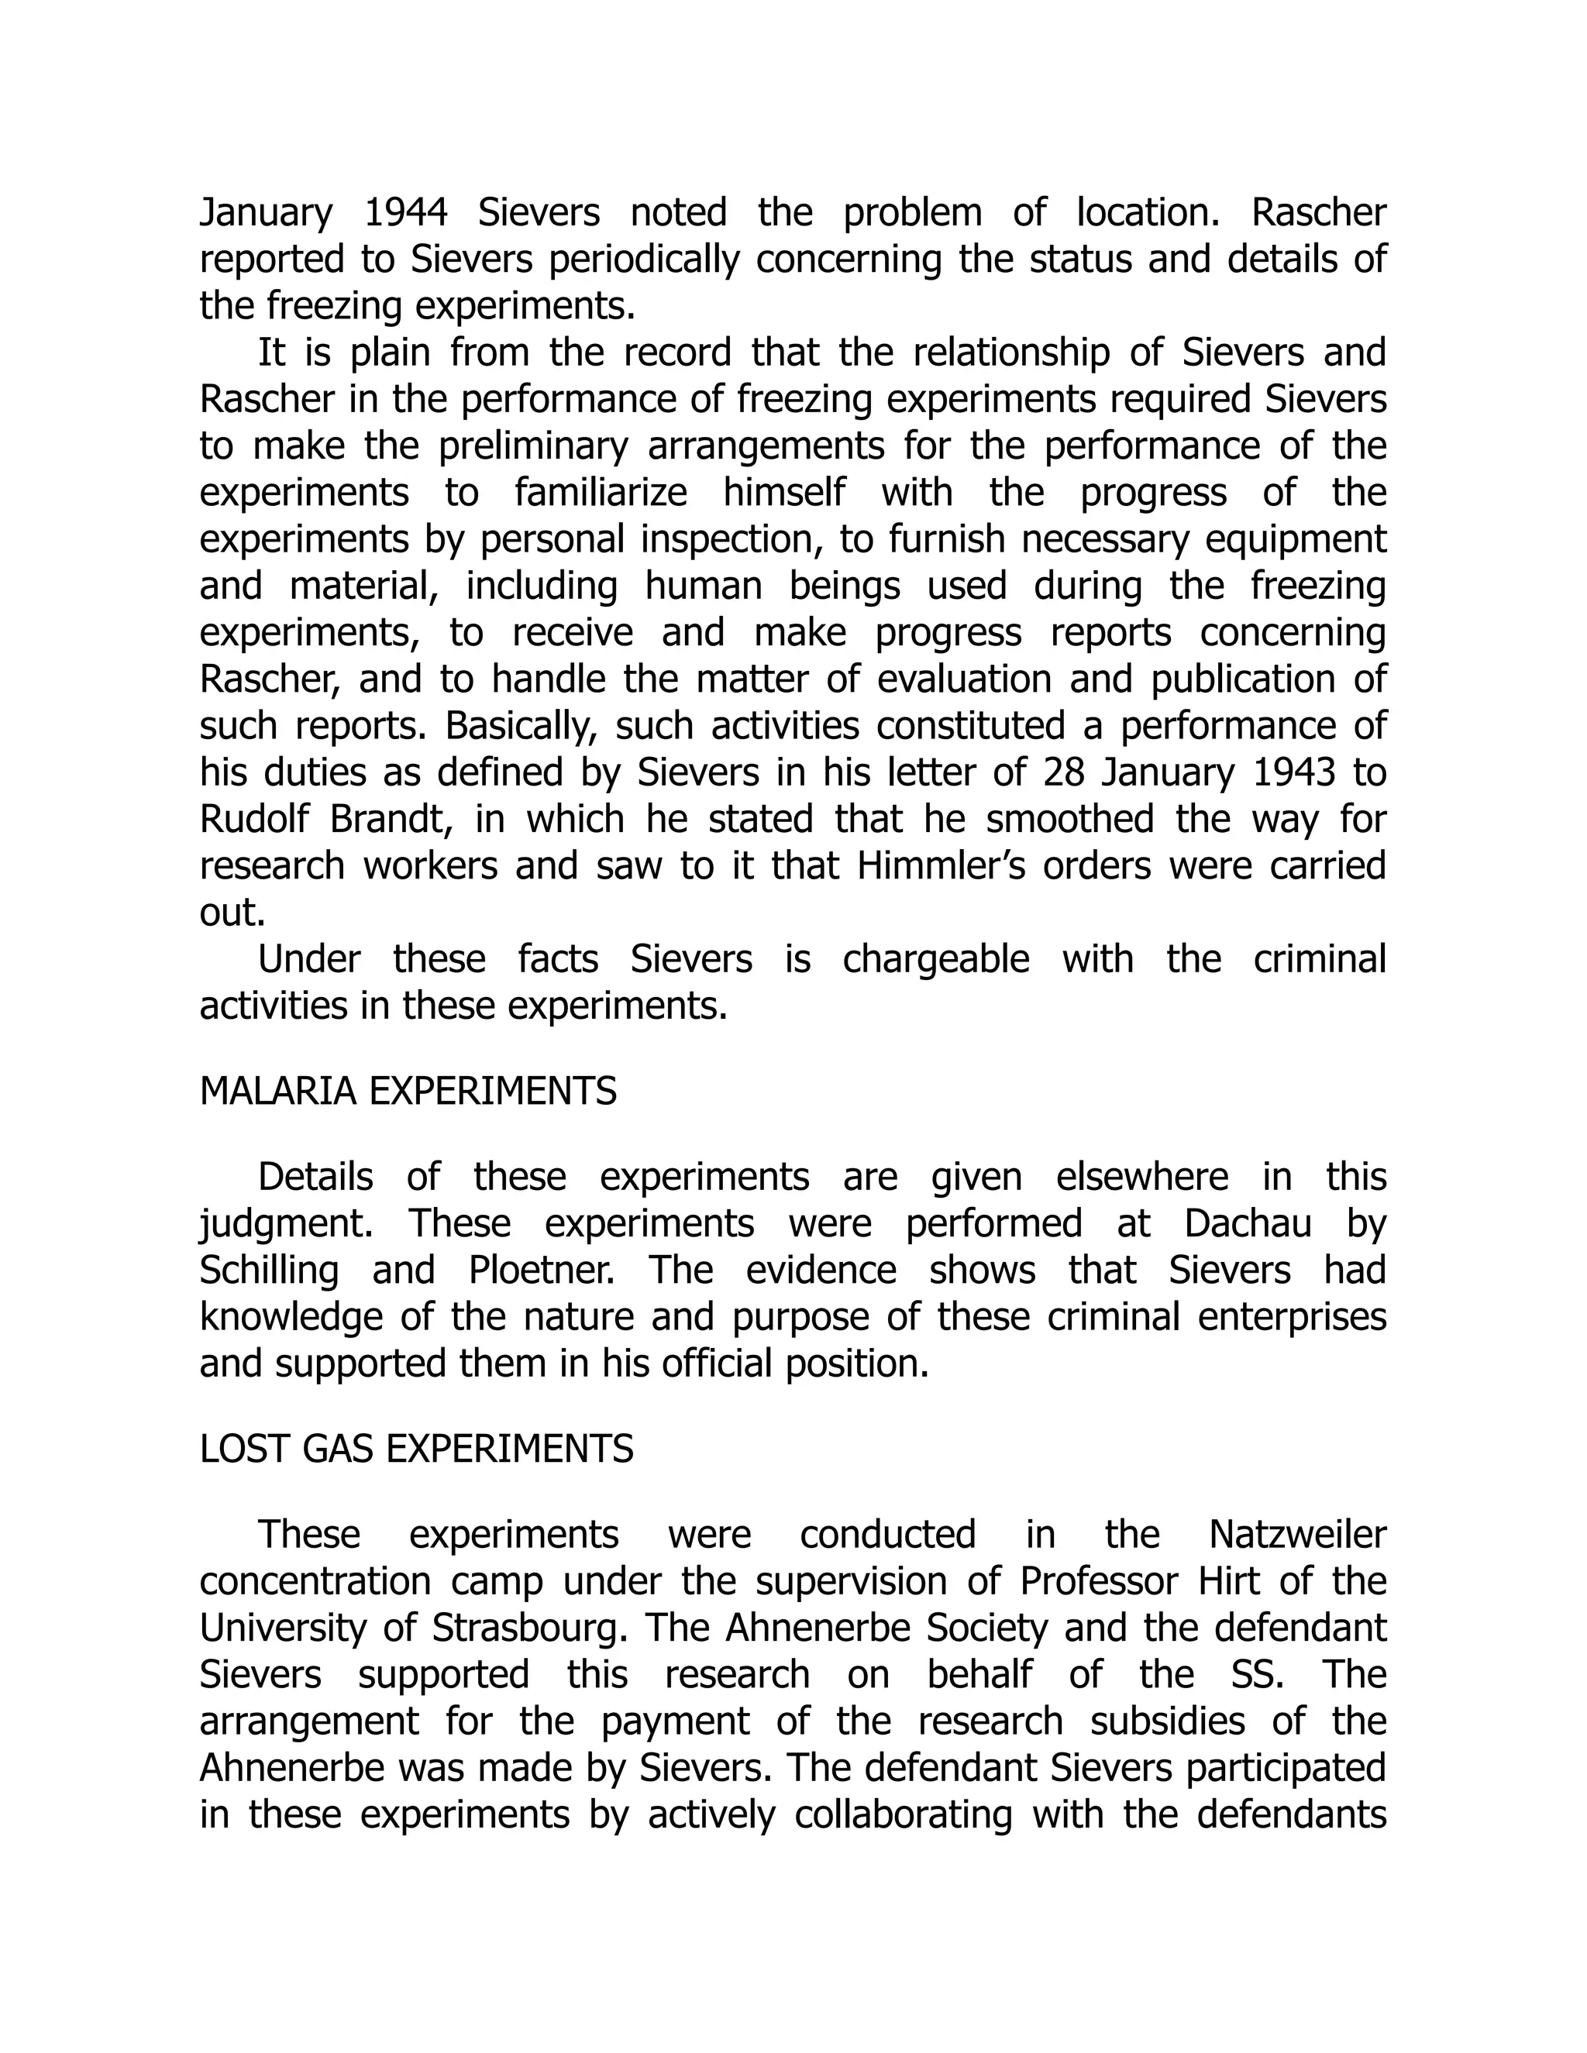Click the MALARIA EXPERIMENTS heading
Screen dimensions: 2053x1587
point(408,1092)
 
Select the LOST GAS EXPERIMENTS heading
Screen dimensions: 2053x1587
point(416,1449)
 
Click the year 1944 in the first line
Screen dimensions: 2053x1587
point(405,212)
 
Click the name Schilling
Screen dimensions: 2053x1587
point(269,1271)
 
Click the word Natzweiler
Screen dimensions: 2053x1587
point(1297,1535)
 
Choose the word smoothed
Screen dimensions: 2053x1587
point(1069,820)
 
